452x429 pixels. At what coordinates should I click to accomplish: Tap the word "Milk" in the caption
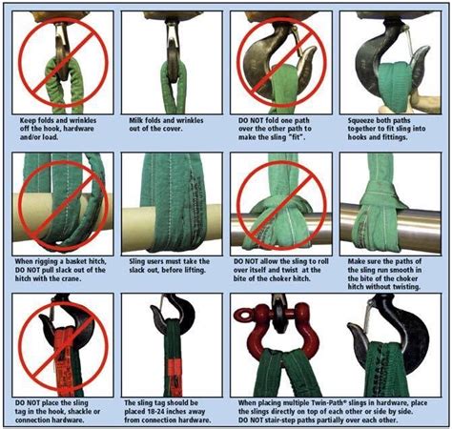(x=136, y=120)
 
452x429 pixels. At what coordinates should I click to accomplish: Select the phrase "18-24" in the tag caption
(x=157, y=412)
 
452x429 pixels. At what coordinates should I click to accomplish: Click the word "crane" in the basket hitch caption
(x=72, y=278)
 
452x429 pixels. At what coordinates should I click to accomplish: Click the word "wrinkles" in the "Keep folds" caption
(x=83, y=120)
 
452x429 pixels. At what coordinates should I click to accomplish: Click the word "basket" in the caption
(x=76, y=262)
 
